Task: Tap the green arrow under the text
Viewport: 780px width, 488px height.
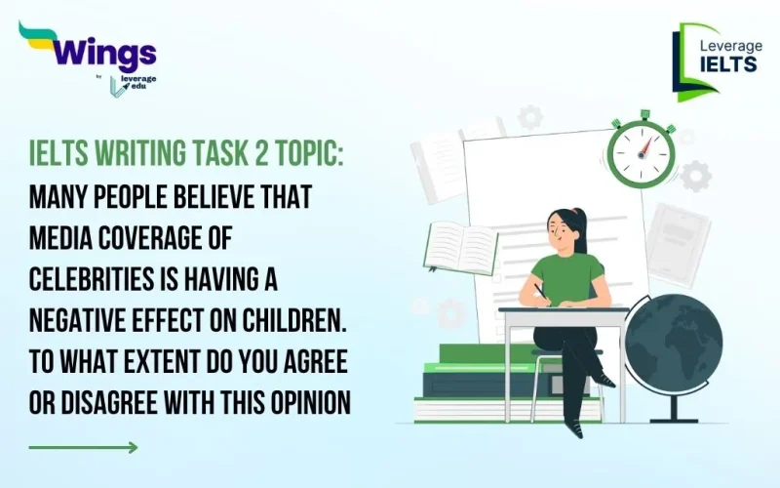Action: [83, 448]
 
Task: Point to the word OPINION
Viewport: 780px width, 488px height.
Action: [303, 401]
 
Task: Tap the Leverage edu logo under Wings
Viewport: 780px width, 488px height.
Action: [131, 84]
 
